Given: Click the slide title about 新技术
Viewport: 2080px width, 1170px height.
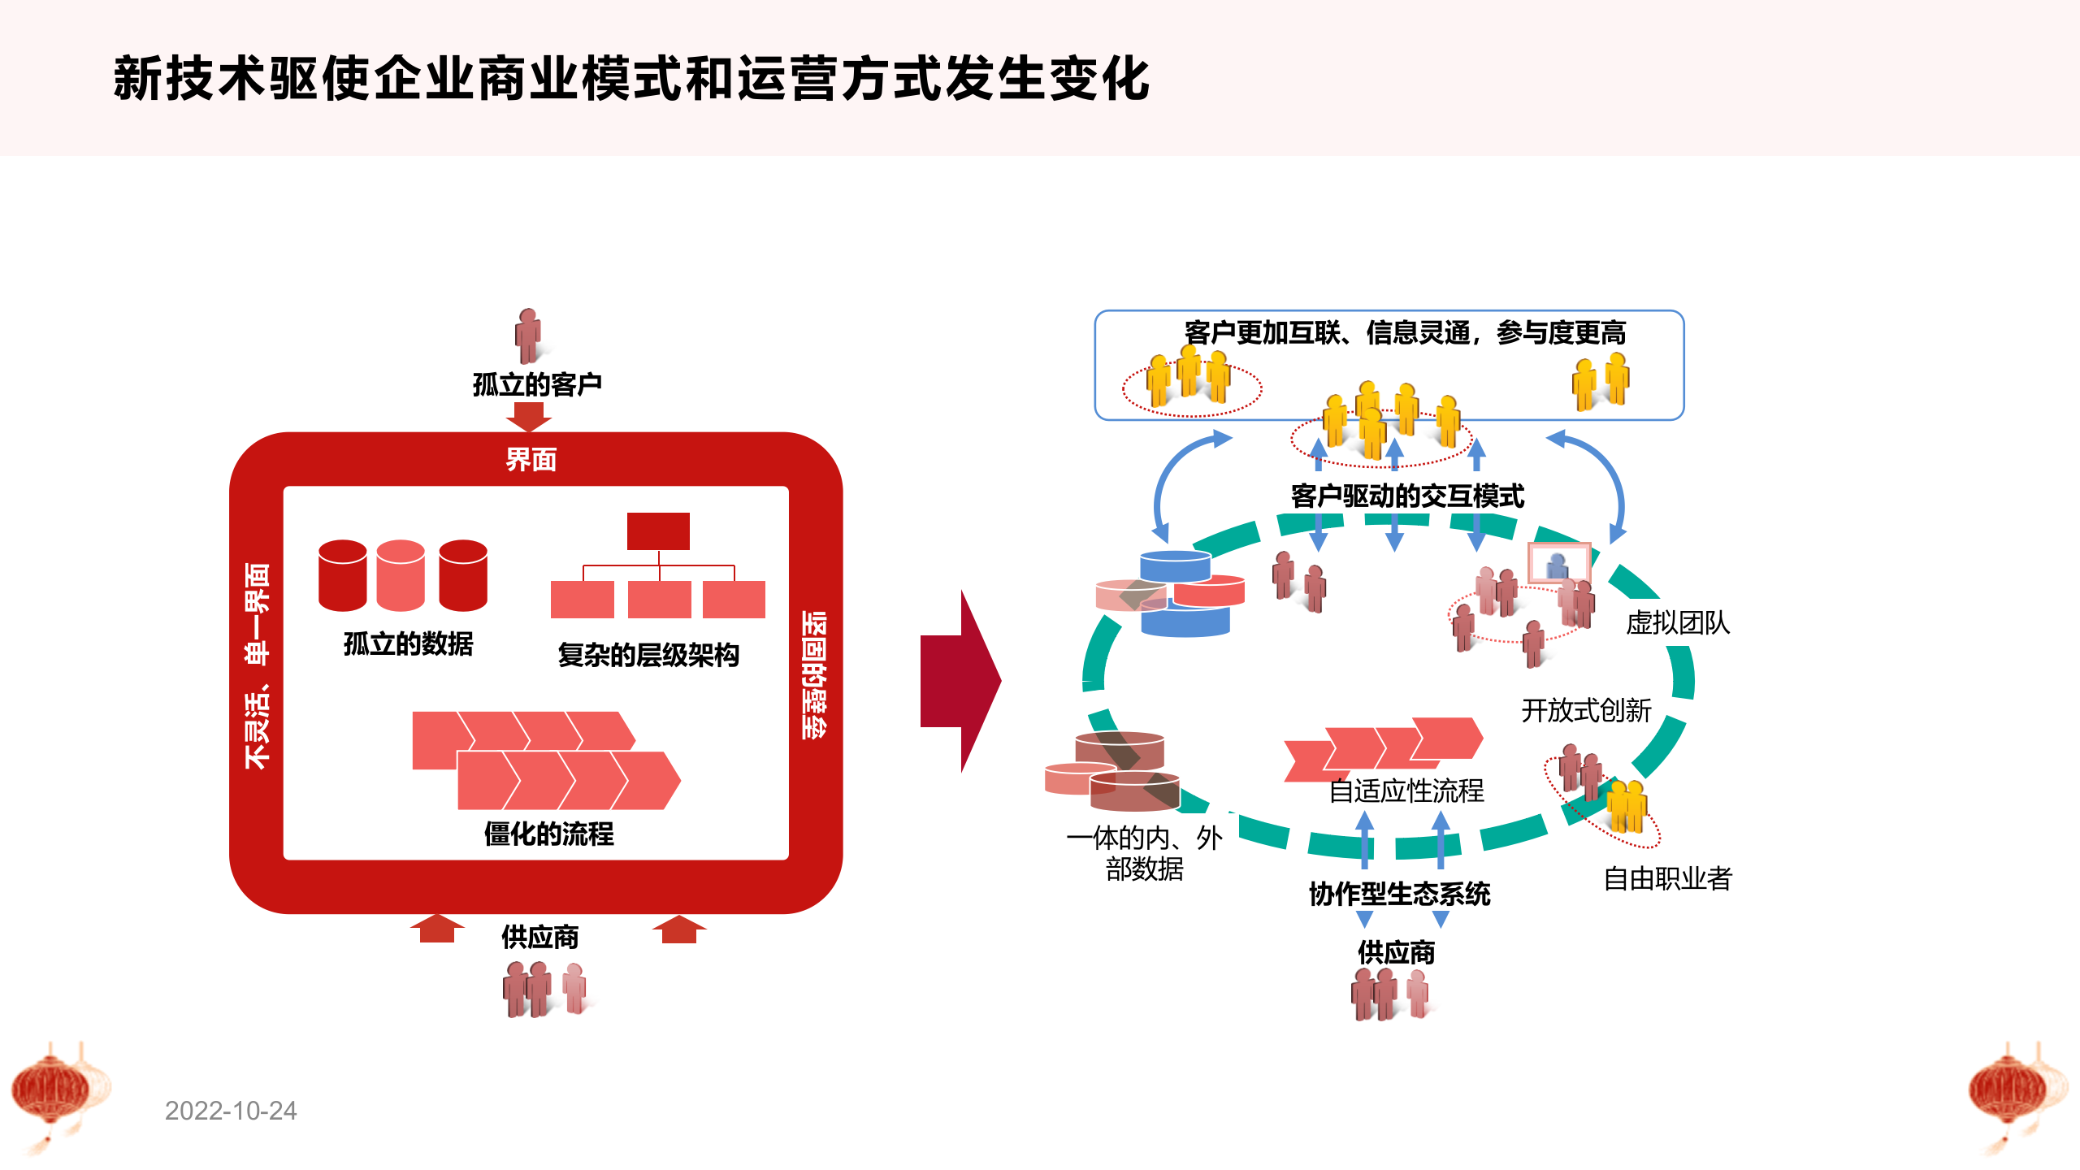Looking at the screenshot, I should click(x=631, y=79).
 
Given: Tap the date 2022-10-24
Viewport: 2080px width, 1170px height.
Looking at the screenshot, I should click(x=231, y=1111).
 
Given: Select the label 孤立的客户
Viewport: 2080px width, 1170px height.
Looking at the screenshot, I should click(x=537, y=384).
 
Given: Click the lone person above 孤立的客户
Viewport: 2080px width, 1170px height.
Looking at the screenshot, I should click(x=528, y=335).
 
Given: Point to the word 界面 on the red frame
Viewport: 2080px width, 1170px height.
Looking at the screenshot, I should click(x=531, y=460).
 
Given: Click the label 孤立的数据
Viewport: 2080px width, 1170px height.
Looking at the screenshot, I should click(x=408, y=644).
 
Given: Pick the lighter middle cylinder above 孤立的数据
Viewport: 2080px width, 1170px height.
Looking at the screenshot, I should click(x=401, y=575).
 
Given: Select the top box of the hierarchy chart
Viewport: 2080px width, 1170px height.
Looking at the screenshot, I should click(x=658, y=531).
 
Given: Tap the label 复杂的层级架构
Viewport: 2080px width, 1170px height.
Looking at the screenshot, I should click(x=648, y=655).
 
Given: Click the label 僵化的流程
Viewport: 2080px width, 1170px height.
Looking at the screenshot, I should click(x=548, y=834).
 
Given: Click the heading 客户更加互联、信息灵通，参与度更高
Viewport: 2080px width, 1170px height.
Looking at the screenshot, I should click(x=1405, y=333).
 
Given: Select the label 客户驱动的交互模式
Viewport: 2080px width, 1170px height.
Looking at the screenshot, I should click(x=1407, y=496).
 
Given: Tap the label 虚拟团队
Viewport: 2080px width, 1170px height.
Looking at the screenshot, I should click(x=1678, y=623).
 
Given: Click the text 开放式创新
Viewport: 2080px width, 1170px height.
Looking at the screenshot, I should click(x=1586, y=711).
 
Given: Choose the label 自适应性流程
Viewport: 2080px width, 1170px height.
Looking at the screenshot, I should click(x=1406, y=791).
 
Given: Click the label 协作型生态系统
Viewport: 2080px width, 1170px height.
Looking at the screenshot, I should click(x=1399, y=895).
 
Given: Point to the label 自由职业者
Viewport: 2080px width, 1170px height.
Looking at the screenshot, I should click(x=1667, y=878).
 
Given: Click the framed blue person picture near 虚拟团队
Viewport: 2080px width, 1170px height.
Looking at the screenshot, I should click(x=1558, y=563).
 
